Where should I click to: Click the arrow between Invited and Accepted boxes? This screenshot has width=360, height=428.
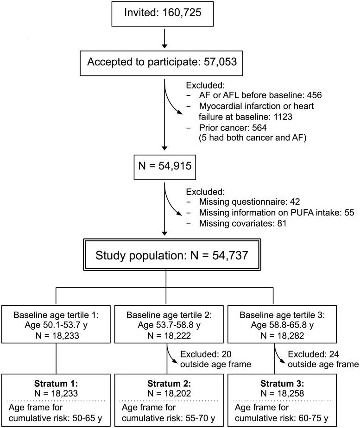click(x=164, y=39)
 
